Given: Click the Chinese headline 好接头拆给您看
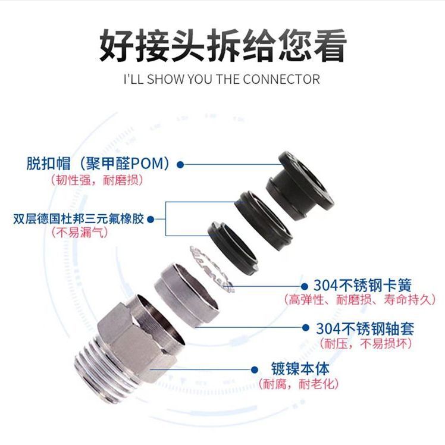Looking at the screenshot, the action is (x=223, y=45).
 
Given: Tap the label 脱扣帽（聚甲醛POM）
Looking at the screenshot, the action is (x=98, y=164).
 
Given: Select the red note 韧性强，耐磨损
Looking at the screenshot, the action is (x=97, y=180).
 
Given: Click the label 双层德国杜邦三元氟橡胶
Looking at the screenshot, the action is (x=79, y=219).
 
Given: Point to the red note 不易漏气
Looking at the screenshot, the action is (x=80, y=233).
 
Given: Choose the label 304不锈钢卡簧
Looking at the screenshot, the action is (x=363, y=285).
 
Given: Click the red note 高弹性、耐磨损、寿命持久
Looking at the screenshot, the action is (x=360, y=299).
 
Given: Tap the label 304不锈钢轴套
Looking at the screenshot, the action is (x=365, y=328).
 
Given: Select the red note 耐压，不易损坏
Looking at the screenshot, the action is (x=366, y=343).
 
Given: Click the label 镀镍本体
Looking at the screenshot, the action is (x=300, y=369).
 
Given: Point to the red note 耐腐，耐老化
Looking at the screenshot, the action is (x=299, y=384).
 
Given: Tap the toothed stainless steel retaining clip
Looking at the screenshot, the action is (x=212, y=269).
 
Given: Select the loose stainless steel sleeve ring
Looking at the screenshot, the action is (x=187, y=295).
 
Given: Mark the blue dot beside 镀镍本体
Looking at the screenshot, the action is (x=255, y=369).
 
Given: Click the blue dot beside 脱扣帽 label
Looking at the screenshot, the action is (x=180, y=165).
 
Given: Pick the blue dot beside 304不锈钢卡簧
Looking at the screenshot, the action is (x=305, y=286).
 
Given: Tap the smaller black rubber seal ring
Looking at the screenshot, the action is (x=233, y=248).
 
